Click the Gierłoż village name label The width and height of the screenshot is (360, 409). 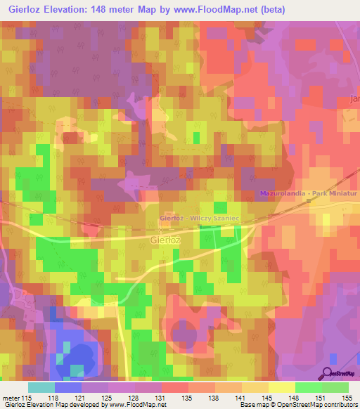pyautogui.click(x=166, y=240)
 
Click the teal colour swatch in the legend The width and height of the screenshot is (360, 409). pyautogui.click(x=41, y=387)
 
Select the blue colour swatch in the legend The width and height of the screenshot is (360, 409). pyautogui.click(x=67, y=387)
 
